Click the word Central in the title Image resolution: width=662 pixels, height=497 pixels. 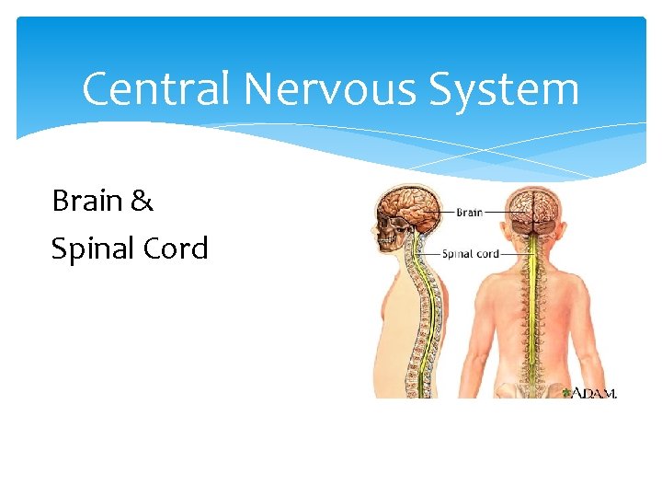click(x=154, y=90)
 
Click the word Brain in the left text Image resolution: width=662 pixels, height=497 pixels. click(x=89, y=200)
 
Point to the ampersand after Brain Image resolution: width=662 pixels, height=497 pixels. click(x=143, y=201)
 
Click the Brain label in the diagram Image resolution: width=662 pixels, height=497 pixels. click(x=469, y=213)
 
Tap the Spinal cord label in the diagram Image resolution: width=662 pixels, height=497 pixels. click(x=470, y=254)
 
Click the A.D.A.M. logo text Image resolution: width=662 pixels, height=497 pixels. click(x=595, y=393)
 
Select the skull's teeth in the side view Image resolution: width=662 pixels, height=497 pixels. click(x=387, y=241)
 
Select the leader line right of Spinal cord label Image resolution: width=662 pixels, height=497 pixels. click(x=514, y=254)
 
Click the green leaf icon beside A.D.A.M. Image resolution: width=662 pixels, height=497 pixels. click(x=565, y=392)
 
